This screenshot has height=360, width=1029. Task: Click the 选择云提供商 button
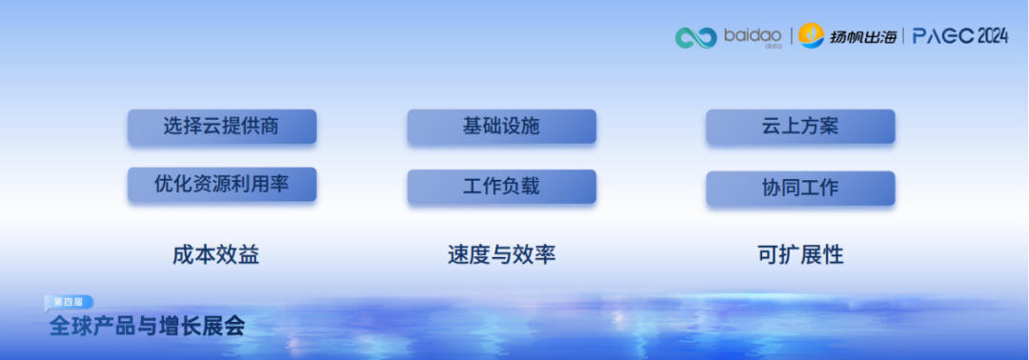pos(221,127)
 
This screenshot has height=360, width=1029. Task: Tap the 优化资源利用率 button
pos(221,185)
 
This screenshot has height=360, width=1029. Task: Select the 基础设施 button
pos(501,127)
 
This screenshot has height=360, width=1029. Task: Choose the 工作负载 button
pos(501,187)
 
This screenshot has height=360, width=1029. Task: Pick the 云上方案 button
pos(800,127)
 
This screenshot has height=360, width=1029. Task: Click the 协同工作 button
pos(800,188)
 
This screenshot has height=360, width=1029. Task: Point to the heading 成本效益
pos(215,255)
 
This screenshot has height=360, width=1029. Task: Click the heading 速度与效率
pos(501,255)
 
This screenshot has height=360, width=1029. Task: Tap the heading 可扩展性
pos(800,255)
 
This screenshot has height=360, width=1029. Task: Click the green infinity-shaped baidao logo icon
pos(696,37)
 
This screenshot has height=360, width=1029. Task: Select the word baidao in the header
pos(752,35)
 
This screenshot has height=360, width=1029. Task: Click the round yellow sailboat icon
pos(811,36)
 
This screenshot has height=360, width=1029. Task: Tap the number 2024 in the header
pos(991,36)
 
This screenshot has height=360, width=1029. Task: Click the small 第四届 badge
pos(69,301)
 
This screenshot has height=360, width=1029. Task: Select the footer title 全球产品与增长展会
pos(148,326)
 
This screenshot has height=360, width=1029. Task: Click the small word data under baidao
pos(773,46)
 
